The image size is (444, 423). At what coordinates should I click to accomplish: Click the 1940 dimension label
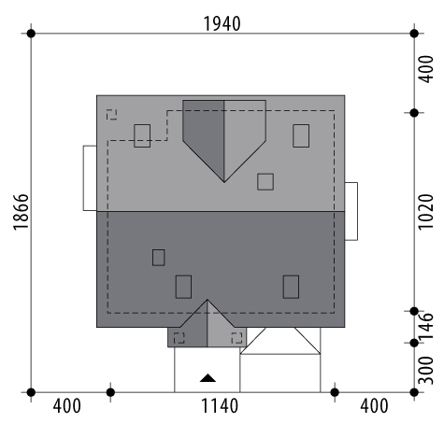pyautogui.click(x=222, y=24)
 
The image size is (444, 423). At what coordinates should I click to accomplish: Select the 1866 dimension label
pyautogui.click(x=21, y=212)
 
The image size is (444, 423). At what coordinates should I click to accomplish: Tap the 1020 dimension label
pyautogui.click(x=425, y=212)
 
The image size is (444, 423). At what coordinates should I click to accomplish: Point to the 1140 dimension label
pyautogui.click(x=220, y=406)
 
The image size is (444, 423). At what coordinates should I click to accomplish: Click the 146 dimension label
pyautogui.click(x=425, y=326)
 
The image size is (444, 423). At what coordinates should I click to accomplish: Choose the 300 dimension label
pyautogui.click(x=425, y=371)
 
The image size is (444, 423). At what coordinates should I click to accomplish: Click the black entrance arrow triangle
pyautogui.click(x=208, y=378)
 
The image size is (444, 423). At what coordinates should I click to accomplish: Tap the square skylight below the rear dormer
pyautogui.click(x=265, y=182)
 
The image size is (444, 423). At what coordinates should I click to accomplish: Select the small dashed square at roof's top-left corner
pyautogui.click(x=111, y=115)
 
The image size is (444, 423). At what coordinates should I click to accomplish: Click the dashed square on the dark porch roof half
pyautogui.click(x=179, y=338)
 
